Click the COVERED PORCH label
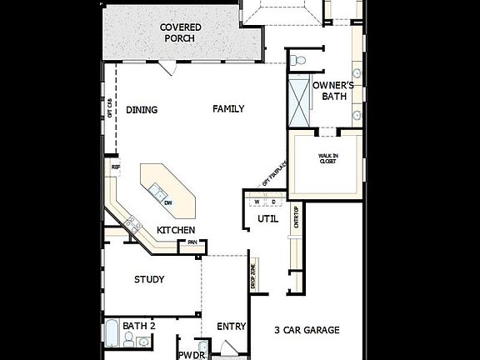coord(181,32)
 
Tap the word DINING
coord(142,110)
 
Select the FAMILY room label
coord(227,109)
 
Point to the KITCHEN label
coord(176,230)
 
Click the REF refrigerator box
coord(116,167)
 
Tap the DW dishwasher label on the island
coord(167,203)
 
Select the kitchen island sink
coord(156,194)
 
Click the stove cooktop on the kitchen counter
coord(131,223)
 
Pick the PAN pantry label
coord(192,243)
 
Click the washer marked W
coord(257,202)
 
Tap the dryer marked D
coord(272,202)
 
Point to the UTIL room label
coord(267,219)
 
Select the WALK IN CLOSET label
coord(327,158)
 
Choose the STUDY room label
coord(149,280)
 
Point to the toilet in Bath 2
coord(129,338)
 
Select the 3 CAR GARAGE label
coord(307,331)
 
